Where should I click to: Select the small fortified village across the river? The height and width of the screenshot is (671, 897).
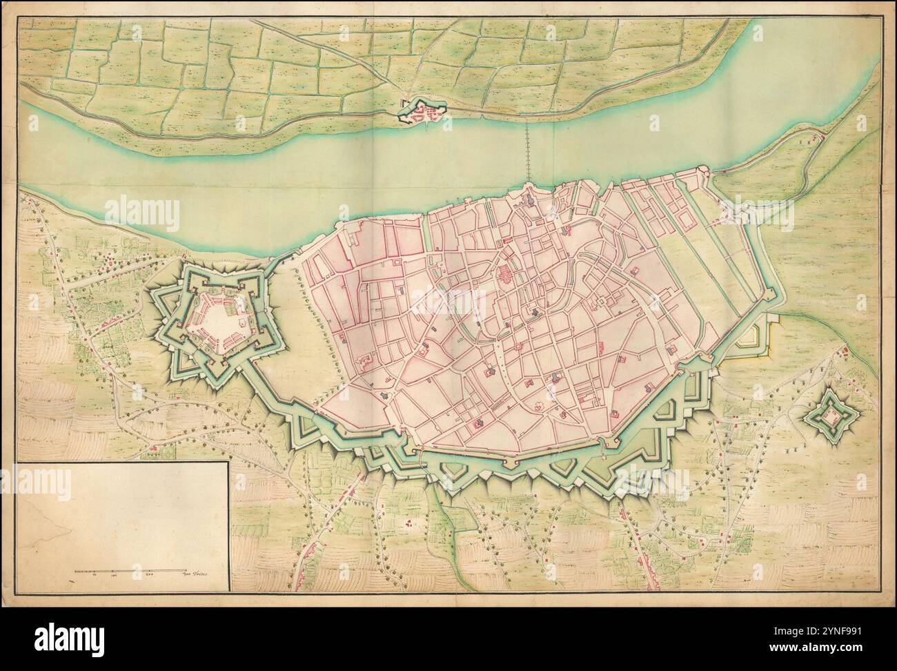tap(423, 113)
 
